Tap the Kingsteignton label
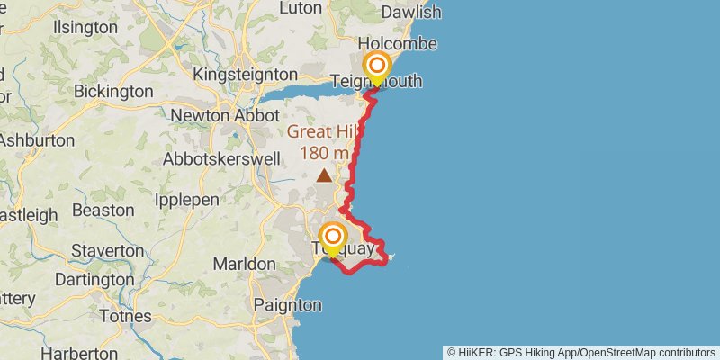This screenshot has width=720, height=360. pyautogui.click(x=245, y=74)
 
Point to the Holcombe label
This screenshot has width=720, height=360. pyautogui.click(x=397, y=43)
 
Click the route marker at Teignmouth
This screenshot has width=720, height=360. pyautogui.click(x=377, y=67)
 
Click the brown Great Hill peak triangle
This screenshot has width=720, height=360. pyautogui.click(x=323, y=175)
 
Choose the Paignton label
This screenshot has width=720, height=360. pyautogui.click(x=287, y=305)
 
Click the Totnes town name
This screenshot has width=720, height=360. pyautogui.click(x=126, y=317)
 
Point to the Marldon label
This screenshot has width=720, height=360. pyautogui.click(x=245, y=264)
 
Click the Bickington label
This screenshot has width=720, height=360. pyautogui.click(x=113, y=91)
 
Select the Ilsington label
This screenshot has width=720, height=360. pyautogui.click(x=85, y=27)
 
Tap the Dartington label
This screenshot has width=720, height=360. pyautogui.click(x=94, y=280)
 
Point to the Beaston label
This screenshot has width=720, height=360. pyautogui.click(x=103, y=210)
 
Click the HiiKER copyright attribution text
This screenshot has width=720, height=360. pyautogui.click(x=581, y=352)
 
